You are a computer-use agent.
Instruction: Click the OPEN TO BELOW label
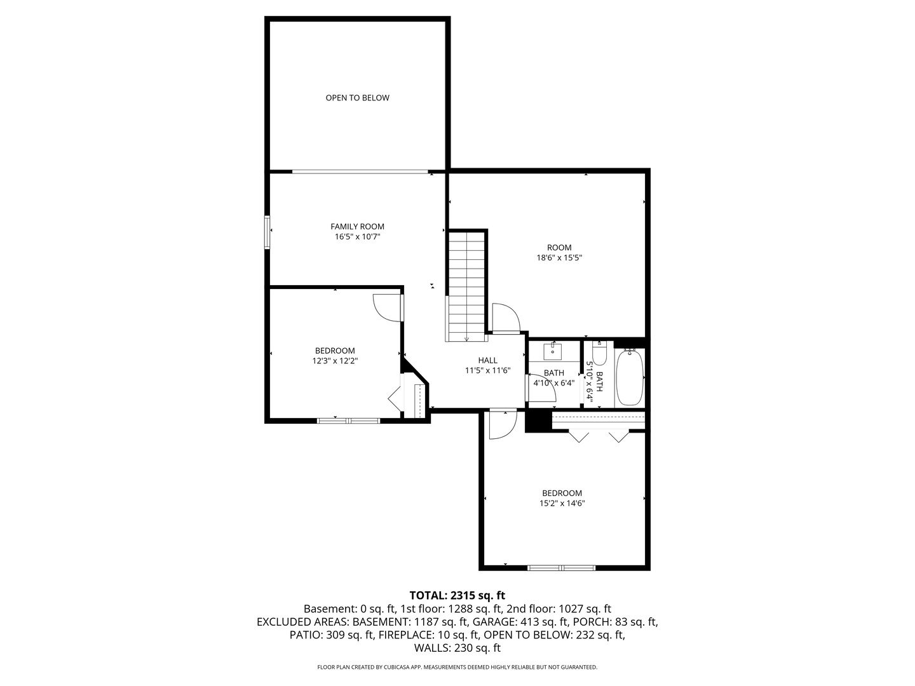tap(357, 98)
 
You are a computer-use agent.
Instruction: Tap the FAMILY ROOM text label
tap(357, 227)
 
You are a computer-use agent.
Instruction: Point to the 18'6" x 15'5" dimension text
tap(559, 258)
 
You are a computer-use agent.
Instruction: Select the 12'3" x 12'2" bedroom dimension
tap(335, 361)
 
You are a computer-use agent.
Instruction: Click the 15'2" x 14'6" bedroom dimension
tap(562, 503)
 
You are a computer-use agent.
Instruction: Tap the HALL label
tap(487, 360)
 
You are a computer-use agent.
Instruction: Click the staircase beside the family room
tap(466, 286)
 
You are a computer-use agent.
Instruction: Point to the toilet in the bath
tap(600, 353)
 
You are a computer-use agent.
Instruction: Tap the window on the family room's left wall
tap(268, 232)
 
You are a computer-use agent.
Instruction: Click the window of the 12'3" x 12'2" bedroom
tap(348, 420)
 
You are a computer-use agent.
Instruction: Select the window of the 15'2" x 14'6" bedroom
tap(562, 567)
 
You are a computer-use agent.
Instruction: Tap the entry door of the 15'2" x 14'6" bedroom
tap(501, 424)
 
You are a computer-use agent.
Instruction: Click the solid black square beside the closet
tap(538, 421)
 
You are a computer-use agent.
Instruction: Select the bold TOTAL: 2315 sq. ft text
tap(457, 595)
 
